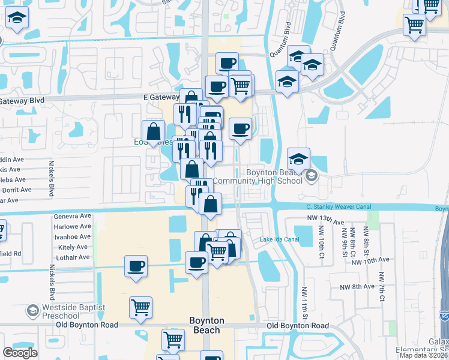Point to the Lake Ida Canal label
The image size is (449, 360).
tap(279, 239)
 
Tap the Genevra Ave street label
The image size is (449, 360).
tap(72, 216)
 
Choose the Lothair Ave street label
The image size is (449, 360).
tap(73, 257)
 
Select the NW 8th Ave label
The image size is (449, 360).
tap(372, 287)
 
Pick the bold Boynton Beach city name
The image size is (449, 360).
tap(205, 325)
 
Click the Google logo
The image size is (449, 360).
tap(20, 353)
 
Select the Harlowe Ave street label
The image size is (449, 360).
tap(72, 226)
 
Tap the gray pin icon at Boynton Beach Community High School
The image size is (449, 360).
tap(311, 176)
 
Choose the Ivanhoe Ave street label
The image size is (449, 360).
tap(72, 236)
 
